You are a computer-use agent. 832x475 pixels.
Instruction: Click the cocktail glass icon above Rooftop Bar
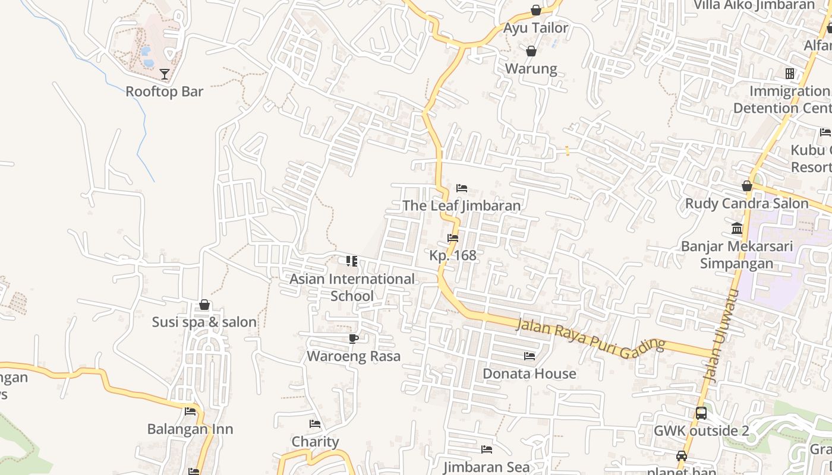pos(165,74)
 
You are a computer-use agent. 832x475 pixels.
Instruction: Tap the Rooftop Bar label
pos(165,91)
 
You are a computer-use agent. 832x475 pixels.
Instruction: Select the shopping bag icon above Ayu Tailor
pos(536,10)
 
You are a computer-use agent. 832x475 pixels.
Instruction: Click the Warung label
pos(531,68)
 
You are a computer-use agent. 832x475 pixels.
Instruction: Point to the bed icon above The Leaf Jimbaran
pos(462,188)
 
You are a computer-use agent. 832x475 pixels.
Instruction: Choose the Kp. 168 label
pos(453,255)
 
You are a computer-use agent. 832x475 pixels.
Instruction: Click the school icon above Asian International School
pos(352,261)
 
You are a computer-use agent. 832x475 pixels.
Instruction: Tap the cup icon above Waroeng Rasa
pos(354,338)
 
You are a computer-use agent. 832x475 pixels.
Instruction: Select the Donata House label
pos(530,373)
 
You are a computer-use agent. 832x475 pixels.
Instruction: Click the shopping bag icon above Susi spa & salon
pos(204,305)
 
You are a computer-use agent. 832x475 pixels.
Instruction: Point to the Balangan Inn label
pos(190,429)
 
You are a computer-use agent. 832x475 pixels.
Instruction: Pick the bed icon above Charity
pos(315,424)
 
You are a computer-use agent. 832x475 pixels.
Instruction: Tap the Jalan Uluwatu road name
pos(720,335)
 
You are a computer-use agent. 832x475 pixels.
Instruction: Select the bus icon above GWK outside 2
pos(701,413)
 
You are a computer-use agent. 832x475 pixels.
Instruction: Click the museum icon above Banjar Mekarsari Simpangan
pos(737,229)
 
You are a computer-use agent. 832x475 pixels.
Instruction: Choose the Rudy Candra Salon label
pos(747,204)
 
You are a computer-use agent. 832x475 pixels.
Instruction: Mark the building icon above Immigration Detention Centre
pos(790,74)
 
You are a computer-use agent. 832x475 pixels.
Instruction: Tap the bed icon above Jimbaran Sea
pos(487,449)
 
